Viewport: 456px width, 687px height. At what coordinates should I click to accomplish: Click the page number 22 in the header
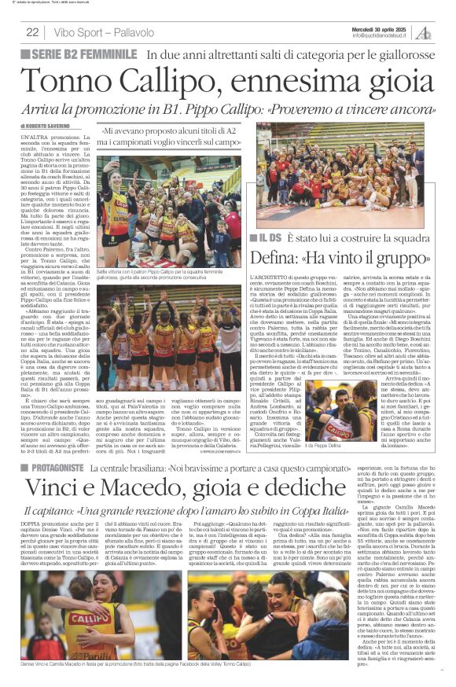click(x=32, y=32)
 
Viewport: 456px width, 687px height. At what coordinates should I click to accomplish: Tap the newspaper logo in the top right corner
click(x=424, y=32)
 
